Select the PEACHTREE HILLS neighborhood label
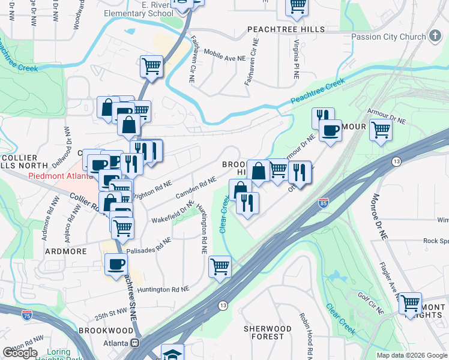click(x=286, y=29)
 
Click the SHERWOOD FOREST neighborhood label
click(x=267, y=332)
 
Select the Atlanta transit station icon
click(x=134, y=343)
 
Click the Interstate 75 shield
click(x=26, y=314)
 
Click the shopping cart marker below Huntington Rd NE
click(x=220, y=266)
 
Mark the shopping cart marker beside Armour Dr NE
click(x=381, y=130)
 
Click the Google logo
click(x=20, y=353)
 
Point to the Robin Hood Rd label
click(x=304, y=341)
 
